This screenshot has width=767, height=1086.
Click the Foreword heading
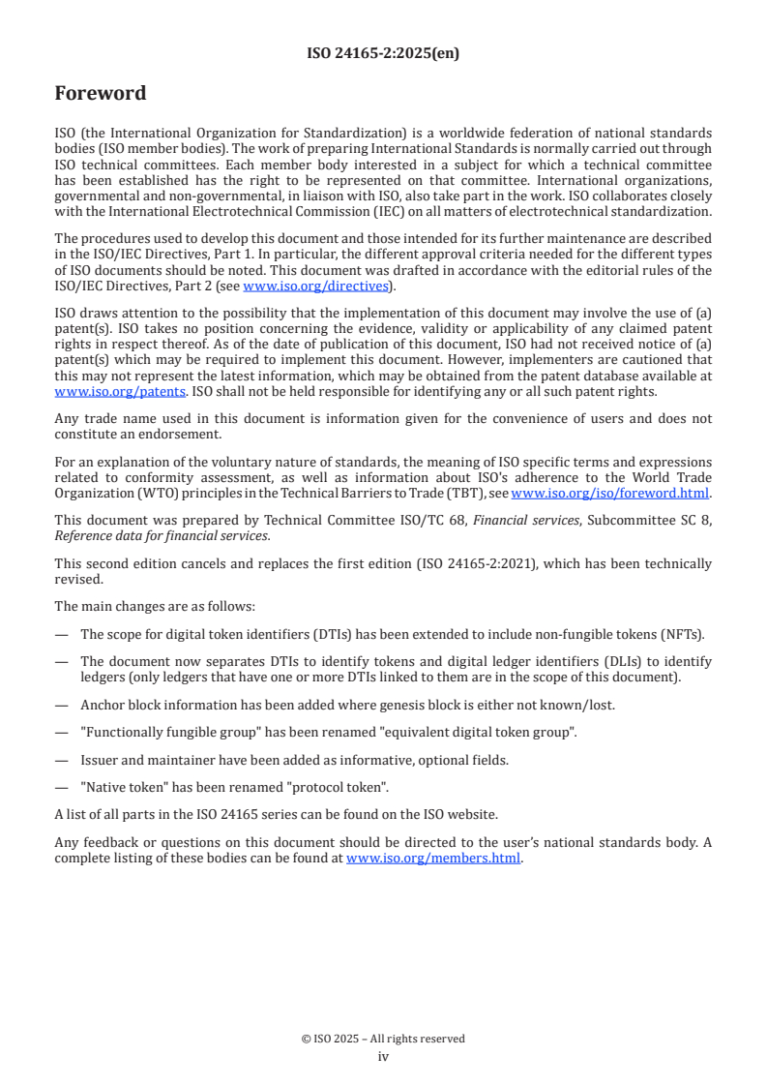(x=101, y=94)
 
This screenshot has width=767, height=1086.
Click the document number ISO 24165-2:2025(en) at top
(x=383, y=53)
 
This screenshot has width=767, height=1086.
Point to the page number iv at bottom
(x=383, y=1056)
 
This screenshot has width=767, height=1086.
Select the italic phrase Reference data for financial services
(x=162, y=535)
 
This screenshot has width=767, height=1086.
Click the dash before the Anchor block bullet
(x=62, y=705)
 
